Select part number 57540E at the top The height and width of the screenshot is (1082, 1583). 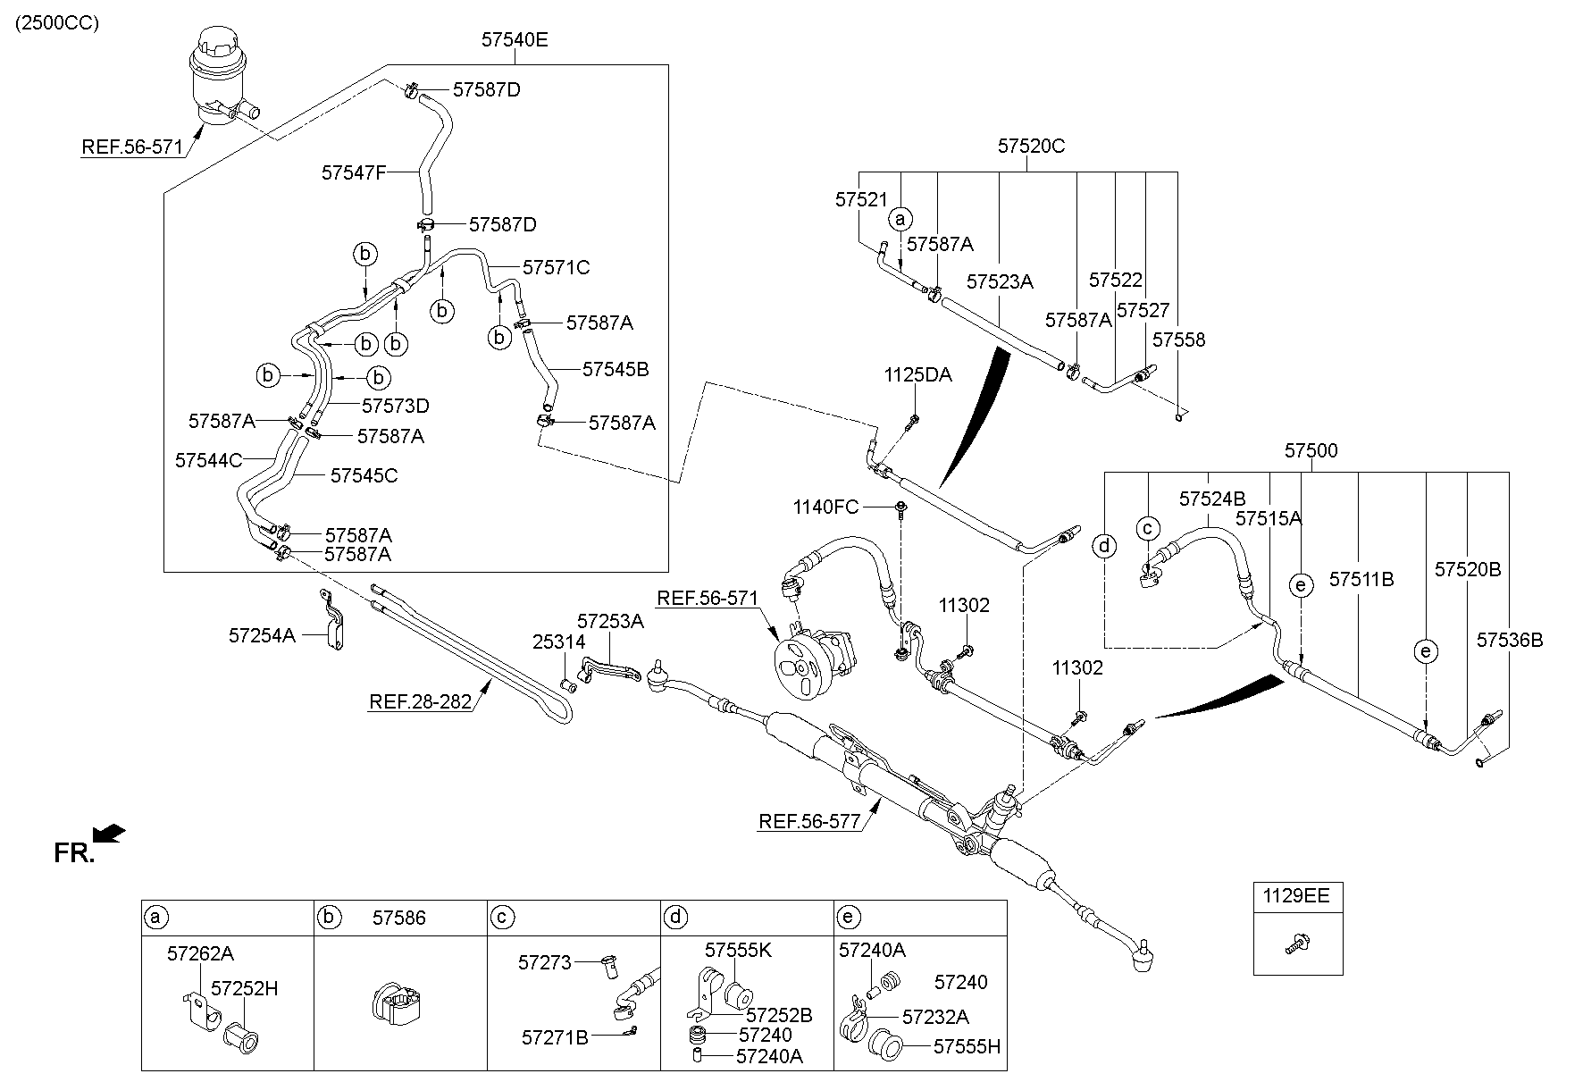514,39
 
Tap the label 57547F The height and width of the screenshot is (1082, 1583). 353,172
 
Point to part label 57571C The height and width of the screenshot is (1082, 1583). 556,267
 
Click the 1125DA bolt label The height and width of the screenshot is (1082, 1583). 917,375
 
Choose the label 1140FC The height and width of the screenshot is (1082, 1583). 825,508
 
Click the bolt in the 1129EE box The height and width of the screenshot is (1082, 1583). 1297,943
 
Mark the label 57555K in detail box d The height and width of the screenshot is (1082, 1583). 737,950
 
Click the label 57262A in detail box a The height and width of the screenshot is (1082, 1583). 200,953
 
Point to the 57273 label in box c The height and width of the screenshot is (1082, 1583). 544,962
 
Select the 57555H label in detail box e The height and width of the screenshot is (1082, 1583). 967,1046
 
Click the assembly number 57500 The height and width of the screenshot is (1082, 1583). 1311,451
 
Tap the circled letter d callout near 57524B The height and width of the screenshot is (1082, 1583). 1105,545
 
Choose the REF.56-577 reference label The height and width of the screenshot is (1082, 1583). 810,822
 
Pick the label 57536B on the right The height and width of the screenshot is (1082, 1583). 1509,640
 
